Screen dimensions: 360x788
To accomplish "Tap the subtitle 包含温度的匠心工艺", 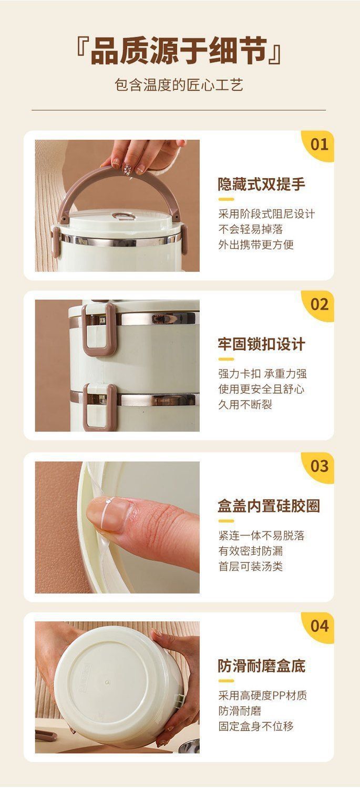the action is click(x=179, y=85).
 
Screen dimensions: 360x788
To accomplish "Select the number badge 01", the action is click(x=319, y=144).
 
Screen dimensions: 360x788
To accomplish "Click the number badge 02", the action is click(x=319, y=304).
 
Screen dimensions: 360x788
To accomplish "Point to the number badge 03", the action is click(x=319, y=466).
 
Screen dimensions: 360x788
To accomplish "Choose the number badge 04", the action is click(x=319, y=626).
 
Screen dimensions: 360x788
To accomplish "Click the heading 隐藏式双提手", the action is click(x=262, y=184).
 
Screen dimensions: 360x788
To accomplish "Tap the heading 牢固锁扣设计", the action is click(x=262, y=344).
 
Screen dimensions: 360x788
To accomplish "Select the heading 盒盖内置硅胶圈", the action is click(x=269, y=506).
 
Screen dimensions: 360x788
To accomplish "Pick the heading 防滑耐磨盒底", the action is click(x=262, y=666).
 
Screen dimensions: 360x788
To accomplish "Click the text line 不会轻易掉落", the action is click(x=251, y=229).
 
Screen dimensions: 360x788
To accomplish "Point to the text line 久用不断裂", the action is click(x=245, y=405).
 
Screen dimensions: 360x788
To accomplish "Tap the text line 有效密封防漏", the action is click(x=251, y=551).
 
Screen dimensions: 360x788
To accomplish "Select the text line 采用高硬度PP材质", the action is click(x=263, y=695).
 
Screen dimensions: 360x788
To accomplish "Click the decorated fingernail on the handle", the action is click(x=128, y=169).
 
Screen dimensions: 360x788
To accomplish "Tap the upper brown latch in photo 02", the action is click(x=99, y=330).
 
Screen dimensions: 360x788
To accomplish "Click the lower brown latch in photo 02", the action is click(x=99, y=407).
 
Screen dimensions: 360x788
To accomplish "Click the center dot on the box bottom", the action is click(x=107, y=682).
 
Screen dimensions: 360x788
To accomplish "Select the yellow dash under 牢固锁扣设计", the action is click(x=226, y=359).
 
